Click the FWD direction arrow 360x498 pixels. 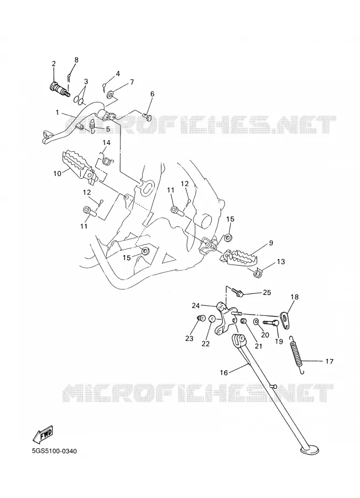pos(43,435)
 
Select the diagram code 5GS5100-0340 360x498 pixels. pos(54,451)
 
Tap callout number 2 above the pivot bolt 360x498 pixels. pos(54,63)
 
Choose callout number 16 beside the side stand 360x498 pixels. pos(224,372)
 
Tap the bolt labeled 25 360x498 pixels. pos(237,291)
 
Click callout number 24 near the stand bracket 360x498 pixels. pos(196,306)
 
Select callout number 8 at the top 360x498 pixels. pos(76,60)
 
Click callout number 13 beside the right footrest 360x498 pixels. pos(280,262)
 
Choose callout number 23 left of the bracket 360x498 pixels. pos(189,339)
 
